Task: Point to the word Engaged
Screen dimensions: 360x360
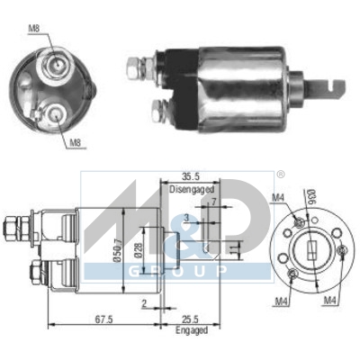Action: (190, 329)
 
